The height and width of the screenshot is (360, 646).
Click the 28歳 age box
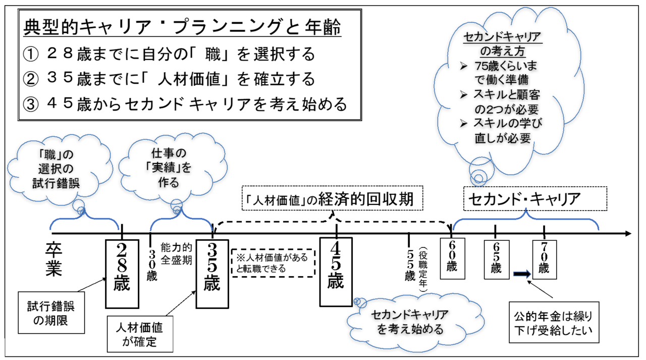(122, 274)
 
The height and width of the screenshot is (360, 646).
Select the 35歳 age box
(212, 274)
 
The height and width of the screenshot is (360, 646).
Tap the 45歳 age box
(336, 272)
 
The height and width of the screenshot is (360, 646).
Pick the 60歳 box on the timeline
(452, 259)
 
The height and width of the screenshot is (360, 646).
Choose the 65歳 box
(496, 260)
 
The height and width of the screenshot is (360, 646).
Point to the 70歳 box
(544, 260)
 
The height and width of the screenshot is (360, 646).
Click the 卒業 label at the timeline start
(53, 259)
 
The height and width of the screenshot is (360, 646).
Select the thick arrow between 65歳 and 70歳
(522, 274)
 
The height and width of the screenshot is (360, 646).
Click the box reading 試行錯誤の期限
(51, 313)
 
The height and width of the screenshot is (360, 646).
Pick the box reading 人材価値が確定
(140, 334)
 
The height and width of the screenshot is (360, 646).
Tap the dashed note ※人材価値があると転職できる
(273, 263)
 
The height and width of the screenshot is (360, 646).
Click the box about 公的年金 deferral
(554, 322)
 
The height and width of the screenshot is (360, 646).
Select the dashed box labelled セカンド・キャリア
(535, 199)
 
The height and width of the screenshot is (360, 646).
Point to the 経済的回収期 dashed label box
(332, 198)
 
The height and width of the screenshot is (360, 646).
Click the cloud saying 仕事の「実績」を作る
(172, 167)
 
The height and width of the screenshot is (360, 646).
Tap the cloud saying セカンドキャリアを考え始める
(415, 322)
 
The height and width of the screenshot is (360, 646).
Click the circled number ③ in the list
(31, 105)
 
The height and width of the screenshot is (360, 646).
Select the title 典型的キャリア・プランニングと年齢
(182, 27)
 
